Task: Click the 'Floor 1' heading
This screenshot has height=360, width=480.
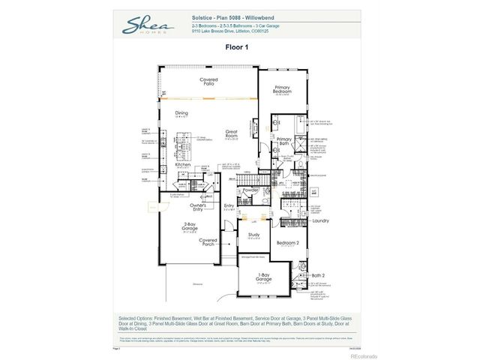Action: point(236,46)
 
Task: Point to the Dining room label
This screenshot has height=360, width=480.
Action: point(181,114)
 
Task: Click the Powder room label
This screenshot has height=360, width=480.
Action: point(250,190)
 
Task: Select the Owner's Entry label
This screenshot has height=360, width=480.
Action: point(198,206)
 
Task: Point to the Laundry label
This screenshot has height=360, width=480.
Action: point(321,220)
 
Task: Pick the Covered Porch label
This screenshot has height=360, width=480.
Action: point(208,242)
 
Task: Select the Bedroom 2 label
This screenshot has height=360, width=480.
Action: point(287,243)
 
